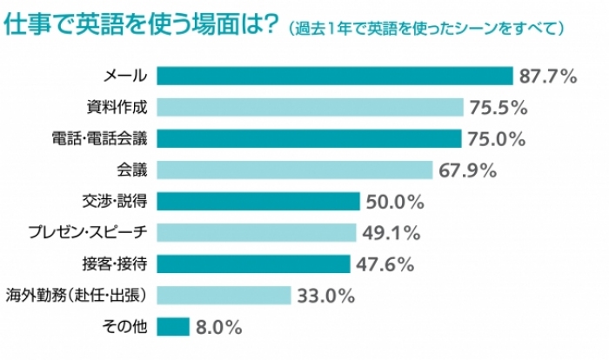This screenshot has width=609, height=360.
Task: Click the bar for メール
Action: (x=336, y=77)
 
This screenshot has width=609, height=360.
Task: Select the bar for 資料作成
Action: (x=311, y=108)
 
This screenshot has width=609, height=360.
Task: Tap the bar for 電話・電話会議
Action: (x=310, y=139)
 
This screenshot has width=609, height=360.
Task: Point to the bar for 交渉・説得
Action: (x=259, y=202)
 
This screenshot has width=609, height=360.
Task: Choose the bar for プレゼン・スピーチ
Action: (x=258, y=233)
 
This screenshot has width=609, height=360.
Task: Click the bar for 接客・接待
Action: (x=254, y=264)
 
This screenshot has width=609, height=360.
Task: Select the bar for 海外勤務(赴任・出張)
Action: (x=224, y=296)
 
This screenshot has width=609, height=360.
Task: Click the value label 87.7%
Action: (x=549, y=77)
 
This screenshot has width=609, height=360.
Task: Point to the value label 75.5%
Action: (x=499, y=108)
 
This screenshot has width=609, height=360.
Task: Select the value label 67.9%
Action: (x=467, y=170)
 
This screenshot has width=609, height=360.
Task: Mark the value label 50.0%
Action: (x=395, y=202)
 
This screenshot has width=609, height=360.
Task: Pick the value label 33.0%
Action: (x=326, y=296)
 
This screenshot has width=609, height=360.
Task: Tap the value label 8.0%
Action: (x=220, y=327)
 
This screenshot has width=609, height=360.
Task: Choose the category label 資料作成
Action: (x=118, y=108)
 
